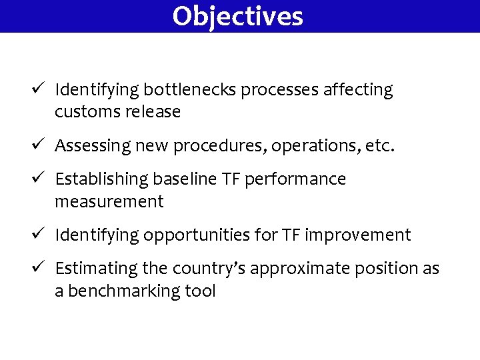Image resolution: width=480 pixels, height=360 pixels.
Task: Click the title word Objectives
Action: point(237,16)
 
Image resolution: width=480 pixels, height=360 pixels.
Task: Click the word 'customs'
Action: point(87,112)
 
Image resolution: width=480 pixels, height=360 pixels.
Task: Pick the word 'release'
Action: point(151,112)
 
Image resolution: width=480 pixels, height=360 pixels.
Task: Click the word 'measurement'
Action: point(109,202)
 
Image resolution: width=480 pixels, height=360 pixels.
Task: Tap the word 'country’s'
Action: point(205,269)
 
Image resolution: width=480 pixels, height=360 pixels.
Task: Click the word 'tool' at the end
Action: point(201,291)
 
